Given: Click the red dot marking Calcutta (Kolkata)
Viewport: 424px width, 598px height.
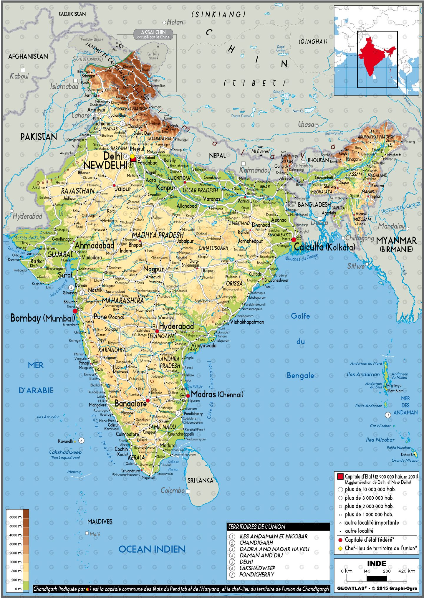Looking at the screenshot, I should click(294, 240).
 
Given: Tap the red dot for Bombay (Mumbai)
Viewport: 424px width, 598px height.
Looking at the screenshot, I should click(75, 311).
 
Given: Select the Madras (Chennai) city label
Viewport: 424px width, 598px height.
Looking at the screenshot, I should click(217, 394).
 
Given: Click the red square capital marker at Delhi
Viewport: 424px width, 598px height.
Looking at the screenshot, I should click(133, 159).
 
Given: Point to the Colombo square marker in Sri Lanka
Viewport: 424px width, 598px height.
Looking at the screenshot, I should click(188, 491).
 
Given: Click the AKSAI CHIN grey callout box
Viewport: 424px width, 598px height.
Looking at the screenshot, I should click(153, 34).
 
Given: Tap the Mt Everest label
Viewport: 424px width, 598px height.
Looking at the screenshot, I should click(260, 151).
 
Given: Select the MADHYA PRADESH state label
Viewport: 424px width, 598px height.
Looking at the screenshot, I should click(158, 235).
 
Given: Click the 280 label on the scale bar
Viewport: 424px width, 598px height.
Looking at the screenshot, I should click(386, 571).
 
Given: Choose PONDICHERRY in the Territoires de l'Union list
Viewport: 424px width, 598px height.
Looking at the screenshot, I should click(256, 574).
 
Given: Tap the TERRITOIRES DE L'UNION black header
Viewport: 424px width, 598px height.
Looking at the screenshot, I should click(278, 526).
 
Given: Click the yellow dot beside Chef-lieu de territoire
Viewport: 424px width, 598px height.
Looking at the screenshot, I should click(340, 549).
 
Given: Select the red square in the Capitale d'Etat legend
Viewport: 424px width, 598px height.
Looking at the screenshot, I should click(340, 477).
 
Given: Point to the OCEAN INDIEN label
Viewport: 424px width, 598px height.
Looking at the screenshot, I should click(152, 549).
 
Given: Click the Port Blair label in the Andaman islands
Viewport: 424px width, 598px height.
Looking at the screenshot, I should click(395, 391).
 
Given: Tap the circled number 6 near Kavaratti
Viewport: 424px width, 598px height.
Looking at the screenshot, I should click(81, 441).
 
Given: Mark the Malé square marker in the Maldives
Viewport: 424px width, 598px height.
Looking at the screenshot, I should click(87, 533).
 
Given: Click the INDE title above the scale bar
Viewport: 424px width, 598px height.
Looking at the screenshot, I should click(376, 564).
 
